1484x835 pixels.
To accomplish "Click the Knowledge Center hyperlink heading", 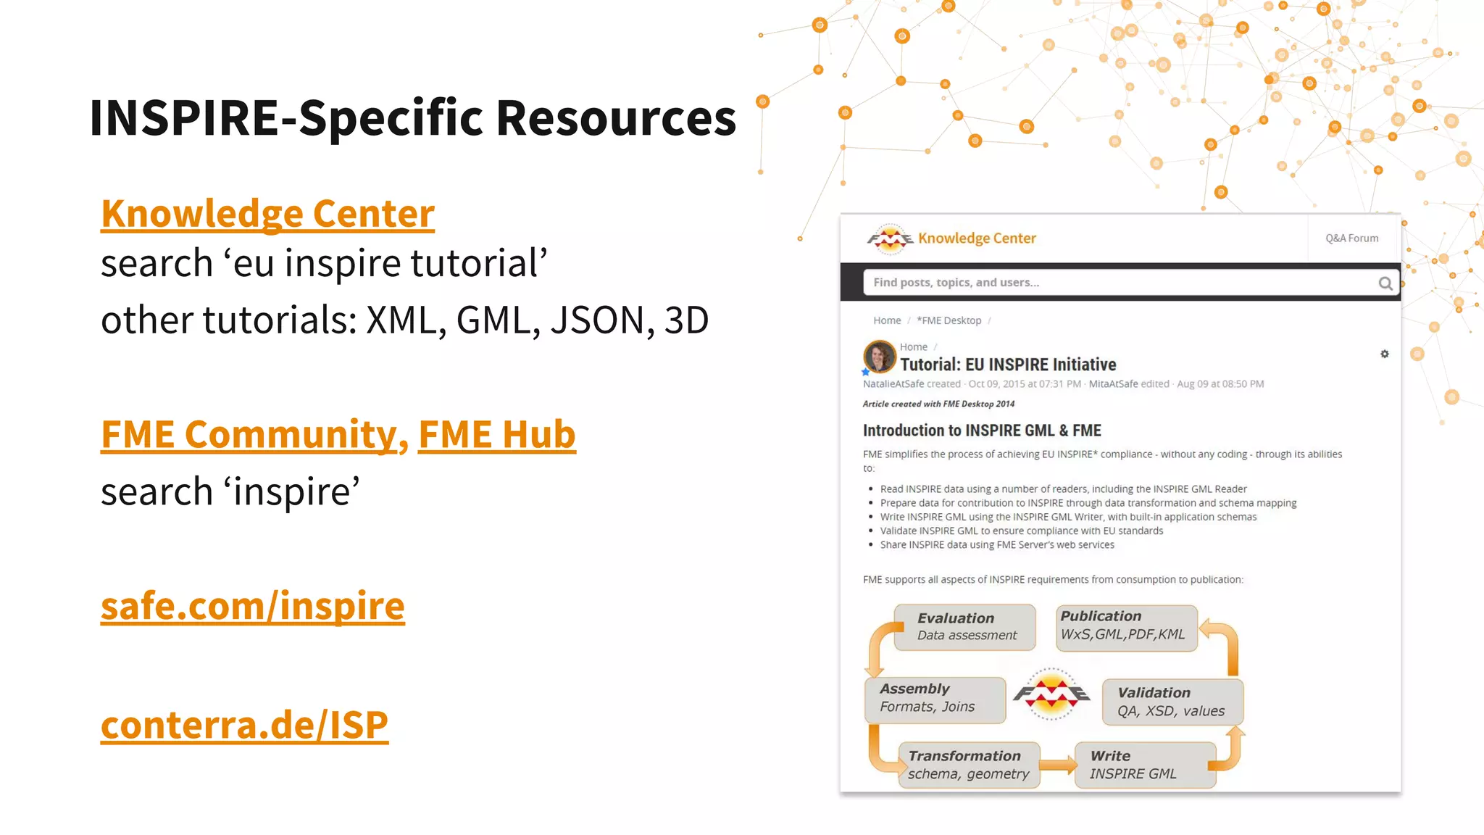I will pyautogui.click(x=267, y=214).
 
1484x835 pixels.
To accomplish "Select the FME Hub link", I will pyautogui.click(x=497, y=435).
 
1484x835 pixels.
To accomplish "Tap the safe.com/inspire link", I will pyautogui.click(x=252, y=606).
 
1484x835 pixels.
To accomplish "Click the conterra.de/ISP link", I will pyautogui.click(x=244, y=725).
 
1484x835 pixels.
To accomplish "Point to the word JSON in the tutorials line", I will pyautogui.click(x=596, y=320).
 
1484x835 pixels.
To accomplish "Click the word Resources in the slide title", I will pyautogui.click(x=616, y=117).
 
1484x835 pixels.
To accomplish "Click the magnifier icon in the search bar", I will pyautogui.click(x=1385, y=283).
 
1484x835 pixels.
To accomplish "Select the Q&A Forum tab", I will pyautogui.click(x=1351, y=238).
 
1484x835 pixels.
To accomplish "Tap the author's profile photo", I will pyautogui.click(x=880, y=357).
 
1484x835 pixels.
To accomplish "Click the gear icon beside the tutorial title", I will pyautogui.click(x=1384, y=354).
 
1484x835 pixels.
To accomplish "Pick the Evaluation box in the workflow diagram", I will pyautogui.click(x=964, y=627).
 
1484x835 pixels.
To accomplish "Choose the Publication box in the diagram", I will pyautogui.click(x=1125, y=626).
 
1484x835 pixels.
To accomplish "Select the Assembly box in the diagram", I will pyautogui.click(x=935, y=699).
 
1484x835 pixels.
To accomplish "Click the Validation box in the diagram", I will pyautogui.click(x=1172, y=702).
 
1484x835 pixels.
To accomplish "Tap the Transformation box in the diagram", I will pyautogui.click(x=969, y=765).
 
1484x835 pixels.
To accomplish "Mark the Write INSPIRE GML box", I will pyautogui.click(x=1144, y=765).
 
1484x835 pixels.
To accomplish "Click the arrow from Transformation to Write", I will pyautogui.click(x=1058, y=765).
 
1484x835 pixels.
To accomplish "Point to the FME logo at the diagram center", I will pyautogui.click(x=1051, y=694).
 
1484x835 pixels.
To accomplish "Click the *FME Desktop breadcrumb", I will pyautogui.click(x=949, y=320).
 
